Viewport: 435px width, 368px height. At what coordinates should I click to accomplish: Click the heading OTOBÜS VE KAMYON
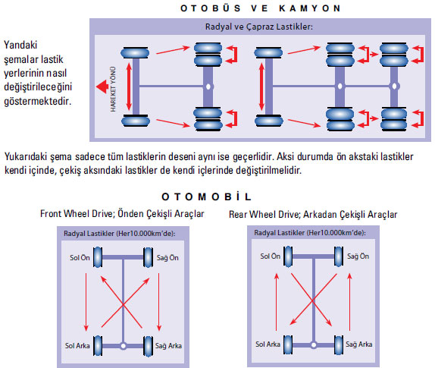coord(261,8)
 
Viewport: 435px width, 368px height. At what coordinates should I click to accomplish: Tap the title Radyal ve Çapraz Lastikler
coord(259,27)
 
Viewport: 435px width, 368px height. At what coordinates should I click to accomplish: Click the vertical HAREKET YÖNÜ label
coord(113,89)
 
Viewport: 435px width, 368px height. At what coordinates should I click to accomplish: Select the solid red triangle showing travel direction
coord(102,86)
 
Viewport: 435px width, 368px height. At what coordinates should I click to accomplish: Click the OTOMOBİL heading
coord(207,197)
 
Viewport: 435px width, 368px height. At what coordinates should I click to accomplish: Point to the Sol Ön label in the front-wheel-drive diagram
coord(80,258)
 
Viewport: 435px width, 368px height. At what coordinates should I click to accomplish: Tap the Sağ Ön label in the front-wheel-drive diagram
coord(167,258)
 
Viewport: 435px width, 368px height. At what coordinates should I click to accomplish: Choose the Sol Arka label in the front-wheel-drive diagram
coord(77,346)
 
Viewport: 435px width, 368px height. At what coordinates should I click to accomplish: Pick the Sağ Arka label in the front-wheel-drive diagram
coord(168,346)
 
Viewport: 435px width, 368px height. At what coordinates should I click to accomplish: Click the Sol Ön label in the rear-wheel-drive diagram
coord(271,256)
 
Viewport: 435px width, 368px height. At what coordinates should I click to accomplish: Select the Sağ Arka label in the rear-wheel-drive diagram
coord(359,344)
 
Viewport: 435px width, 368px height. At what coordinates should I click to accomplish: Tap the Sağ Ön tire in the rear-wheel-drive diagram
coord(339,256)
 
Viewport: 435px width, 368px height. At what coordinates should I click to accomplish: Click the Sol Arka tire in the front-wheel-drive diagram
coord(98,346)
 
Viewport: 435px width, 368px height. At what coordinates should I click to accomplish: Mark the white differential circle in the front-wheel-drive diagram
coord(124,346)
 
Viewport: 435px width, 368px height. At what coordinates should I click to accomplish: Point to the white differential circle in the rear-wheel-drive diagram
coord(314,345)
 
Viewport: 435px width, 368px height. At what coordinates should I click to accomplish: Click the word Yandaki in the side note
coord(20,45)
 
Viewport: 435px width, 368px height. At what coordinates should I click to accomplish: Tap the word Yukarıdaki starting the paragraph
coord(26,156)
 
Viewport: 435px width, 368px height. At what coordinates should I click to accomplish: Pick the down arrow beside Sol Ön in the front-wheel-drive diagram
coord(86,302)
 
